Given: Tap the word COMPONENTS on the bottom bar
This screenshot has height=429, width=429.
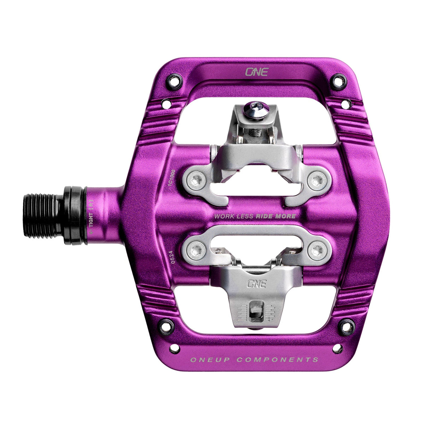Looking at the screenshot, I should [x=277, y=360].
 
